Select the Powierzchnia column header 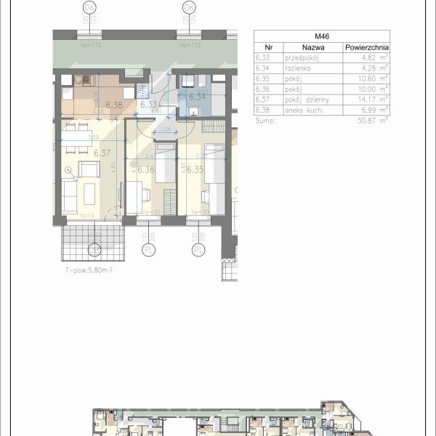point(367,47)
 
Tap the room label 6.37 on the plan point(102,153)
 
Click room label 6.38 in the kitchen point(113,105)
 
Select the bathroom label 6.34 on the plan point(197,96)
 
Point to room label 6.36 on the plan point(145,169)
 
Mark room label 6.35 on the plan point(194,169)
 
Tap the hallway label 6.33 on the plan point(149,105)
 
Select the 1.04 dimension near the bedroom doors point(165,129)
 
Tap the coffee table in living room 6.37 point(90,193)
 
